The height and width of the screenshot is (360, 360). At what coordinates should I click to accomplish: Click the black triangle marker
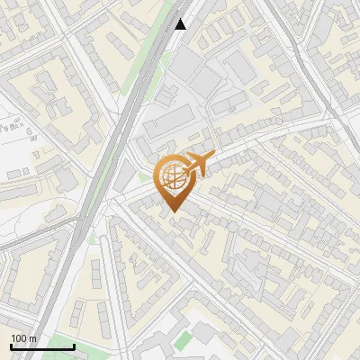click(181, 24)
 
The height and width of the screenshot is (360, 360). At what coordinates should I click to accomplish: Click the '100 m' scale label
click(23, 338)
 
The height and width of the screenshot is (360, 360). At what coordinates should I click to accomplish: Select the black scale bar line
click(42, 346)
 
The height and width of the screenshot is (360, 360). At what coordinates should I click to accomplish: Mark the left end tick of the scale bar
click(11, 345)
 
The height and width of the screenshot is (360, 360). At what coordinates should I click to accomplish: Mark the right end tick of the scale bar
click(74, 345)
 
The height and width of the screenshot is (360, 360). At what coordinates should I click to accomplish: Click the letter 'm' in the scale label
click(32, 338)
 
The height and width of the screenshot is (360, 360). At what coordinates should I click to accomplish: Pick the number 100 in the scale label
click(19, 338)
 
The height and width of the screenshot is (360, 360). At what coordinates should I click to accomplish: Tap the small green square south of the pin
click(184, 340)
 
